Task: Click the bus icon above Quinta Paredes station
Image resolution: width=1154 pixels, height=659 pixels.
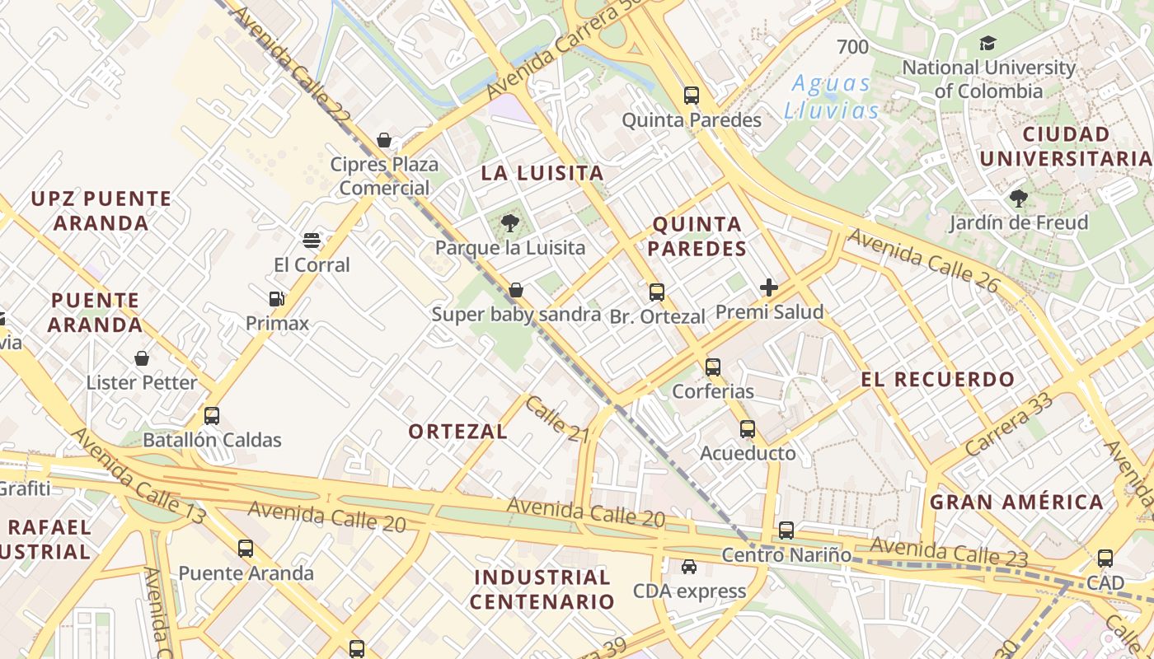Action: [x=692, y=96]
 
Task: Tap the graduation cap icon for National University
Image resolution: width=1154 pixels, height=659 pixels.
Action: [x=987, y=44]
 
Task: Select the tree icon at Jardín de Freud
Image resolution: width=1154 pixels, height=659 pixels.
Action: [x=1018, y=199]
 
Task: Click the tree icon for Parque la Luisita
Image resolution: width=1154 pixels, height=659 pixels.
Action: [x=510, y=222]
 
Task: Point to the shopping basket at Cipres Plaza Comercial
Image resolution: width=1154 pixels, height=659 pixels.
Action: [x=384, y=140]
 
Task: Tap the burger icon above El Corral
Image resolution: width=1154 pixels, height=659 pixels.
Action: [x=312, y=241]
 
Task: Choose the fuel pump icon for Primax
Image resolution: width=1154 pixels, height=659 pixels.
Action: [x=277, y=299]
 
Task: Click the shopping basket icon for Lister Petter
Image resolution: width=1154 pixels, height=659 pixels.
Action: [x=142, y=358]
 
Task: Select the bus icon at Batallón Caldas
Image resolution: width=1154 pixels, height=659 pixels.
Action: [x=212, y=416]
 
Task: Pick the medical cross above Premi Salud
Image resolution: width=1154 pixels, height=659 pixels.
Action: [x=769, y=287]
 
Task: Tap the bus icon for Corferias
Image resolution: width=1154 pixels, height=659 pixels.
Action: [x=713, y=367]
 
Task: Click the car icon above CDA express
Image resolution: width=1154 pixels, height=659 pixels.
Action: [x=688, y=567]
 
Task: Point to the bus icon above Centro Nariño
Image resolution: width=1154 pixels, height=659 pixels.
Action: [x=786, y=530]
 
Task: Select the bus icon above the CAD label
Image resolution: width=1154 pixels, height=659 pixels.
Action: [x=1105, y=559]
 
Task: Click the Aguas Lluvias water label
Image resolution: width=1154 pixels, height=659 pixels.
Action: [x=831, y=96]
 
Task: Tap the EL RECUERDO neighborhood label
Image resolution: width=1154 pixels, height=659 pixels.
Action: [x=938, y=380]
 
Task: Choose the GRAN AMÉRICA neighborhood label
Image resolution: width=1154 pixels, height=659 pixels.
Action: [x=1016, y=502]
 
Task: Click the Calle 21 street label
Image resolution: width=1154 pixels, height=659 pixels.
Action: [x=556, y=418]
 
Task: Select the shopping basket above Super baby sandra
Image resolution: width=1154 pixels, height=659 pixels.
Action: [x=516, y=290]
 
